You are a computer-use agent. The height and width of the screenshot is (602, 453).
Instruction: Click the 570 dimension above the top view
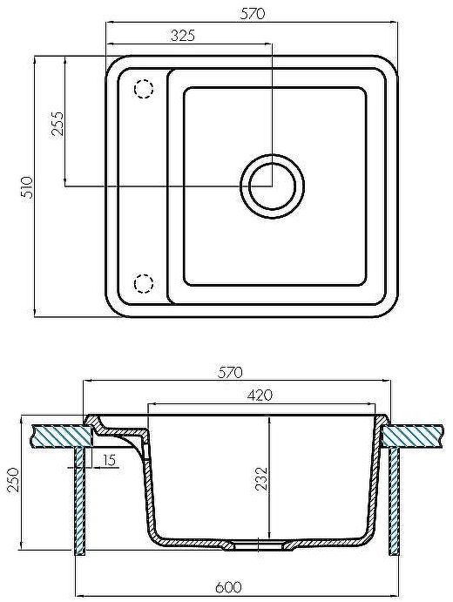(253, 13)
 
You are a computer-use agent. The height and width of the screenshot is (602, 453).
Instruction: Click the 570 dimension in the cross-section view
(230, 373)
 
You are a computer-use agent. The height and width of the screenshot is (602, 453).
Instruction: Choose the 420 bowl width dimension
(260, 395)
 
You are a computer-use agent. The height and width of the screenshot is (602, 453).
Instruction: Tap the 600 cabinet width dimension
(230, 588)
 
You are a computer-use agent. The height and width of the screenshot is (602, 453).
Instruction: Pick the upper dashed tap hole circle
(143, 89)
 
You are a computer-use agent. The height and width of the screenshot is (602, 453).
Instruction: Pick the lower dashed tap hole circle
(143, 283)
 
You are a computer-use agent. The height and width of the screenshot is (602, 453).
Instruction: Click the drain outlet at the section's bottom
(256, 546)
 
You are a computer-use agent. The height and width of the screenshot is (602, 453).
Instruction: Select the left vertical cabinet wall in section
(80, 501)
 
